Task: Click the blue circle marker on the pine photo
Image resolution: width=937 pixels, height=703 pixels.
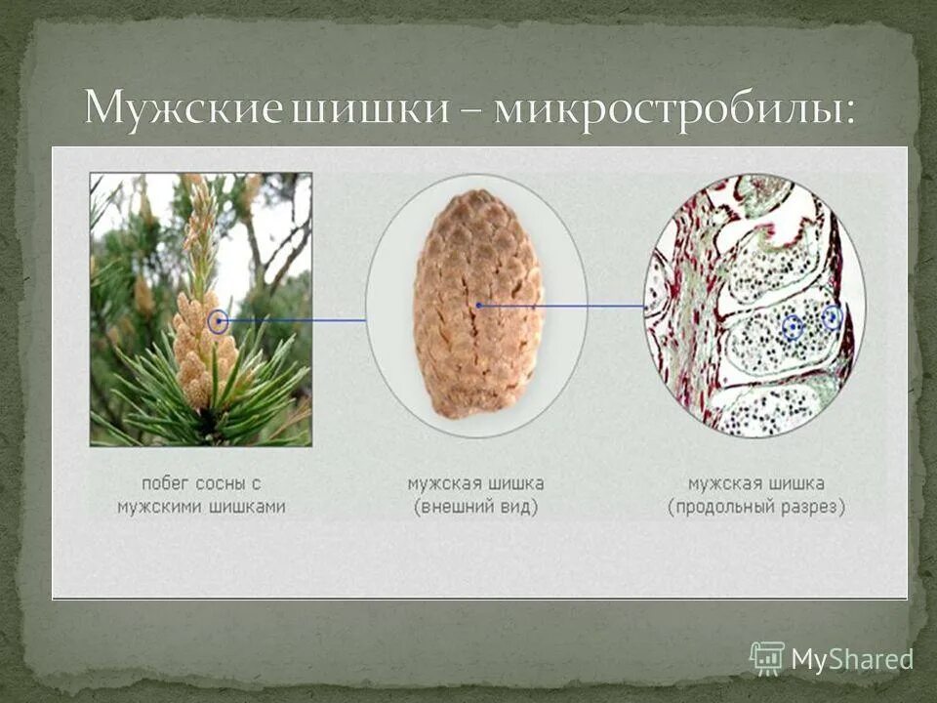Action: [219, 319]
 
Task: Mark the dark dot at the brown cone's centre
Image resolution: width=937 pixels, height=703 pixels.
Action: [478, 306]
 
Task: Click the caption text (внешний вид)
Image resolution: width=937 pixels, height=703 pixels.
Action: [475, 508]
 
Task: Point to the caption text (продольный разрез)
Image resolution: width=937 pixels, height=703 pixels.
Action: [756, 508]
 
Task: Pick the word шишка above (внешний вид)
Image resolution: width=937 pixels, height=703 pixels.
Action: [512, 483]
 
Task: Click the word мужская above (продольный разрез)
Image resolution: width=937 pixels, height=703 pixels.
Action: [723, 483]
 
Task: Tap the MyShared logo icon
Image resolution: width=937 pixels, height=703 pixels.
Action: [767, 657]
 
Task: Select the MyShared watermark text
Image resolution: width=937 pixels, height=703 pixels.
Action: [852, 660]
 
